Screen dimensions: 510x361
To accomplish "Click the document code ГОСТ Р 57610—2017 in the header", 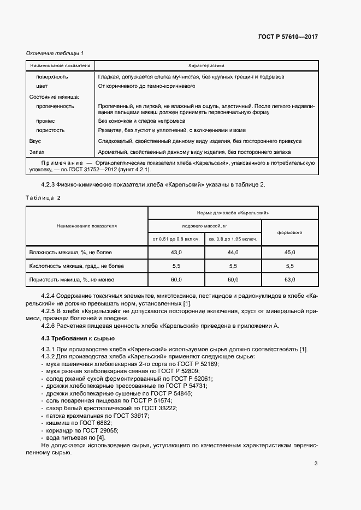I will click(288, 37).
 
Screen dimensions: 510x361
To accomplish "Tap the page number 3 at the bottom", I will click(316, 464).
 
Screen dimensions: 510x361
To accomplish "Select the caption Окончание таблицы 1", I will click(55, 53).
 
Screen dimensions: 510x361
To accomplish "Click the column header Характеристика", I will click(206, 65).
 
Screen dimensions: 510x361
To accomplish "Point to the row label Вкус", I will click(35, 140).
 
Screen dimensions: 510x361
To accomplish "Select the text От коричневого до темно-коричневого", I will click(146, 86).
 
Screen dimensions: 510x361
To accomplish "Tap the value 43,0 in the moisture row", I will click(176, 253).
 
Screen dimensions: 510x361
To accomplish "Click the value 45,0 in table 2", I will click(289, 253).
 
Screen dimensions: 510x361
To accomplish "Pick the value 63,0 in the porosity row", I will click(289, 279).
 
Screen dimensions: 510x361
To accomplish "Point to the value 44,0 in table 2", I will click(233, 253).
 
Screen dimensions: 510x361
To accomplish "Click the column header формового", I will click(289, 232).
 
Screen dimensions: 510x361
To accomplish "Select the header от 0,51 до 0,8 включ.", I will click(176, 239).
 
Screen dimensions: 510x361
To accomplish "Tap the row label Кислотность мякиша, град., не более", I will click(76, 266).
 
